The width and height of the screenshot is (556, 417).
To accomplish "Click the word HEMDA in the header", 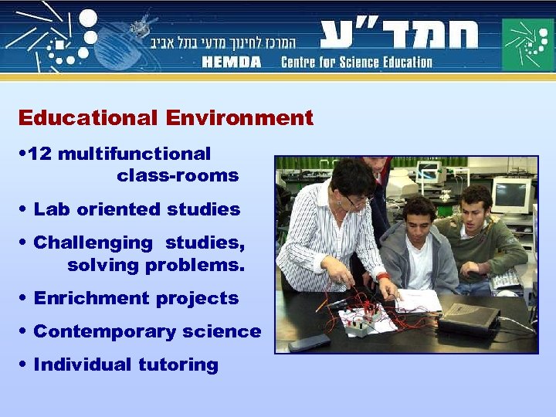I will tap(232, 62).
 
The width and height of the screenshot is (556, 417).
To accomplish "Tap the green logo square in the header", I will tap(527, 45).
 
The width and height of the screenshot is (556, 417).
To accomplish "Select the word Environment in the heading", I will tap(239, 118).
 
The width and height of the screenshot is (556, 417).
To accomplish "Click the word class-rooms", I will tap(178, 175).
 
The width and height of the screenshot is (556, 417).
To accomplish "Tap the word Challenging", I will tap(93, 242).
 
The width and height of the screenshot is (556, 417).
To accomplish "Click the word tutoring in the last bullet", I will tap(178, 364).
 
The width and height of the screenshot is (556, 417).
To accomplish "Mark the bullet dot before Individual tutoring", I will tap(25, 364).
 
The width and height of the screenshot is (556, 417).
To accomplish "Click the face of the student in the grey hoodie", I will tap(419, 219).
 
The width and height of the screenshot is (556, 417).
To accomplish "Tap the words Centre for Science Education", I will tap(356, 62).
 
